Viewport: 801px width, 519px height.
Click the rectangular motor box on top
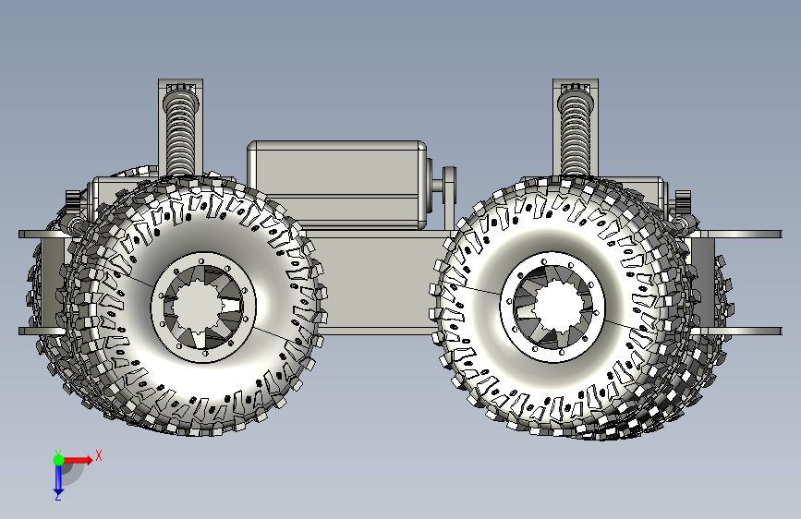tap(337, 185)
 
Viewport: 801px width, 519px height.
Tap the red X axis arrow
tap(78, 460)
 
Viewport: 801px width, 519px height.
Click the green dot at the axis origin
tap(58, 460)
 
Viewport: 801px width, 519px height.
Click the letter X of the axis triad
tap(99, 455)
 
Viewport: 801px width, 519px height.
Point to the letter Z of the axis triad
tap(58, 497)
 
